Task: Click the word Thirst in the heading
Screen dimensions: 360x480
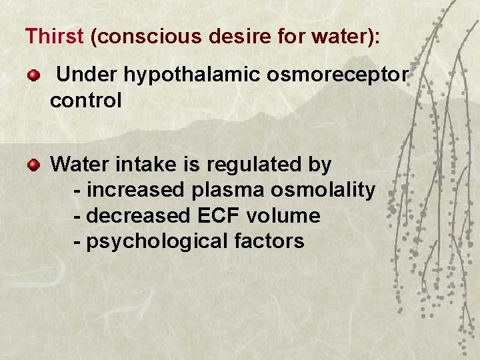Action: [x=53, y=36]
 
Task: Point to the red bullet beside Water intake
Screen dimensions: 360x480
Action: [x=33, y=164]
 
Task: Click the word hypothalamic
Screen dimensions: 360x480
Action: [x=193, y=76]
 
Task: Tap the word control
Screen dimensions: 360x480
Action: [x=85, y=101]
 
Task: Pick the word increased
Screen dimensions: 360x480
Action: [x=135, y=190]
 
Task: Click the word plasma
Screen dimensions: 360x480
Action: [x=228, y=190]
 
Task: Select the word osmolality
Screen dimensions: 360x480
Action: [x=323, y=190]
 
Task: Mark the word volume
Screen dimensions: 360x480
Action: [x=283, y=216]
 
